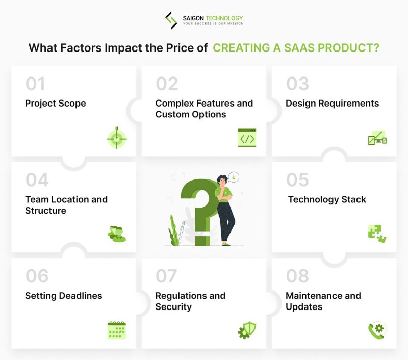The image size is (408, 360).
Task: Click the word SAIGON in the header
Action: coord(194,17)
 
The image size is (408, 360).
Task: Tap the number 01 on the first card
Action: coord(35,84)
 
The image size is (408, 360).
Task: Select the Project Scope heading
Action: coord(55,104)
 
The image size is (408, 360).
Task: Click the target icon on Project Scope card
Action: coord(117,137)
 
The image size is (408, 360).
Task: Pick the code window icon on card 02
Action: coord(247,138)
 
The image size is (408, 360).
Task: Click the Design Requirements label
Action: coord(332,104)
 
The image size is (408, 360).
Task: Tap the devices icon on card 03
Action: coord(377,138)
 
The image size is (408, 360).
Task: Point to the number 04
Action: coord(37,179)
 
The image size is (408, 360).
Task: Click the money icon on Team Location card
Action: coord(117,234)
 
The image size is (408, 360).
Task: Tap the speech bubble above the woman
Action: coord(234,177)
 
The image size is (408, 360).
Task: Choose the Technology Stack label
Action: coord(327,199)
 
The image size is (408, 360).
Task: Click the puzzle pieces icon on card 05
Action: coord(377,234)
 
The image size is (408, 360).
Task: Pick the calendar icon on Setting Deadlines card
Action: coord(117,330)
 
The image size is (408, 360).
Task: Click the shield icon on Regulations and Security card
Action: coord(247,330)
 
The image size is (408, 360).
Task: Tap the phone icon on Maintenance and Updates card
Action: coord(377,330)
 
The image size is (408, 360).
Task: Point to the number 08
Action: coord(297,276)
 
